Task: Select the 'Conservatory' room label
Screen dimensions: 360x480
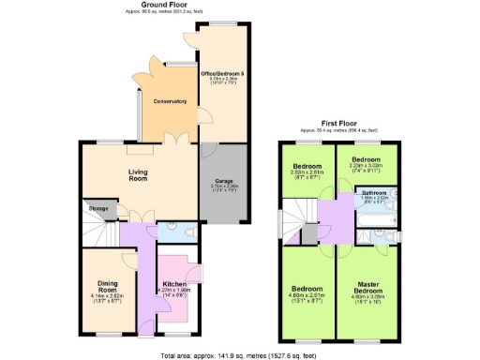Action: pyautogui.click(x=170, y=101)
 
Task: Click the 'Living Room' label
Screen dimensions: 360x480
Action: pyautogui.click(x=139, y=173)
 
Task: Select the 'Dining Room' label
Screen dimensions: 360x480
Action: pyautogui.click(x=109, y=289)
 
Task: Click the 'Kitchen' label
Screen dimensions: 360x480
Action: pyautogui.click(x=175, y=284)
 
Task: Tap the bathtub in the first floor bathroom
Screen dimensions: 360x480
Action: pyautogui.click(x=379, y=214)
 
